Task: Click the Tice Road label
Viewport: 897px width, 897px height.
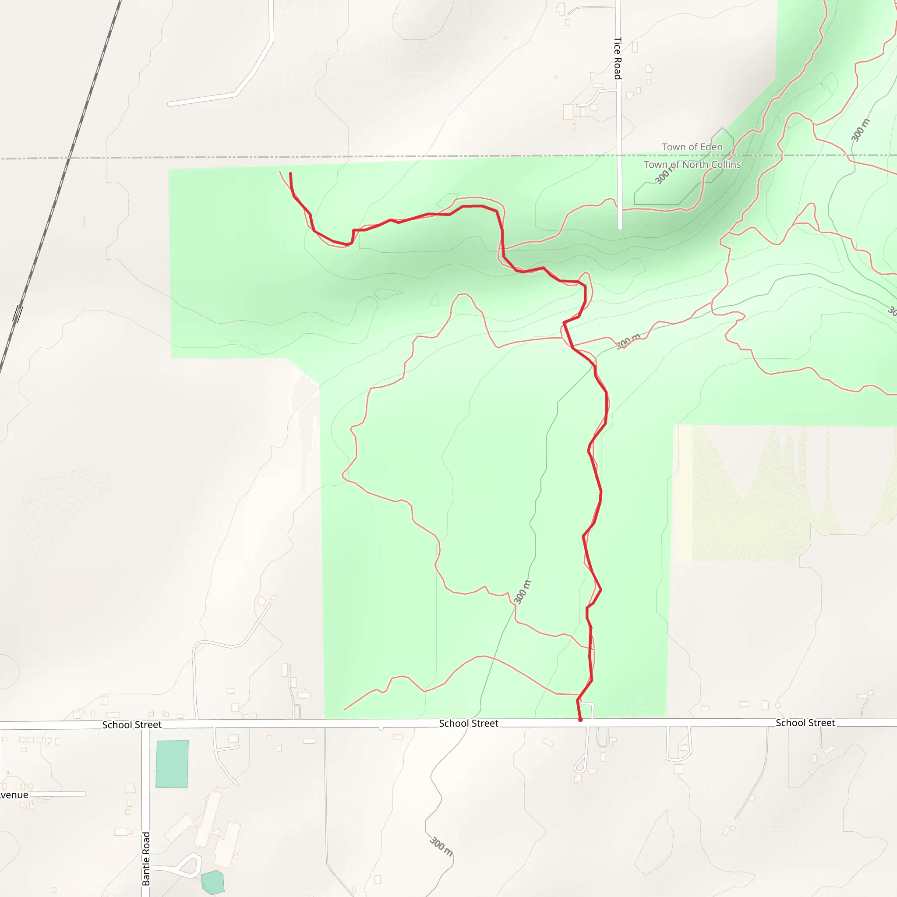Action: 618,58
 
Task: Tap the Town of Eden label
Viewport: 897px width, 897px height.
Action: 692,147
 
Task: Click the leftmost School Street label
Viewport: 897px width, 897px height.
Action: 132,725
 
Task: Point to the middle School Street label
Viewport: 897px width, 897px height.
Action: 469,724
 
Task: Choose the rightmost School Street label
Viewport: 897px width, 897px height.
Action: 805,723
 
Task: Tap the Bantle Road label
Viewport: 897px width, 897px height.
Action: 146,858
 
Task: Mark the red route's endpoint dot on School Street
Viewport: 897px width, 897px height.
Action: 580,720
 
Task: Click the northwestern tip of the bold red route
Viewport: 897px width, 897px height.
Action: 291,173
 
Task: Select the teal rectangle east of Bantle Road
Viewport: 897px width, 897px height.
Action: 172,764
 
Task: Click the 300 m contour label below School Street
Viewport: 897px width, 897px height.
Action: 441,846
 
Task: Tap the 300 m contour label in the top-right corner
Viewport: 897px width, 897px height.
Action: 860,130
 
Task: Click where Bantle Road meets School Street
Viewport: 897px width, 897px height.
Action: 146,725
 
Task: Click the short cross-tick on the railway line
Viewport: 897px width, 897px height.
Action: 18,314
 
